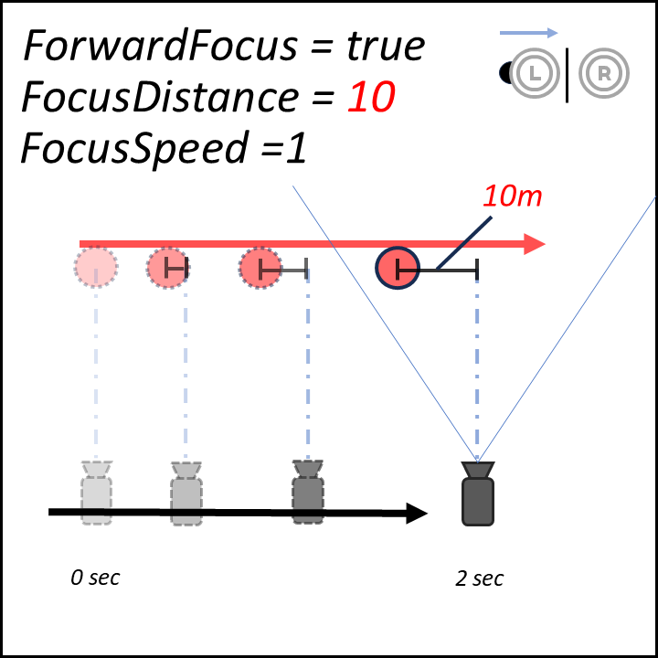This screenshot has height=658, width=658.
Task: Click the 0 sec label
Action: [x=96, y=578]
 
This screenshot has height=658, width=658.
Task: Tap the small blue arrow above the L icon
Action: [x=528, y=34]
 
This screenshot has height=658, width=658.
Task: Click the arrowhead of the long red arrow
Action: [x=534, y=244]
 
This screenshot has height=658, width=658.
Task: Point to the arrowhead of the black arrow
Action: [x=416, y=513]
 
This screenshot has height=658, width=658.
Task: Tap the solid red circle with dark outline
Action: [x=398, y=268]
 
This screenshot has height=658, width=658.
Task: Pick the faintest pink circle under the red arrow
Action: [x=95, y=268]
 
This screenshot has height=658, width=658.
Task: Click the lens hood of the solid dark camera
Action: [x=478, y=469]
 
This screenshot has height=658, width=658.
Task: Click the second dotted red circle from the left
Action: [x=168, y=268]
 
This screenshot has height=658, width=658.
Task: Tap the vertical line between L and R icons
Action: [x=568, y=73]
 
